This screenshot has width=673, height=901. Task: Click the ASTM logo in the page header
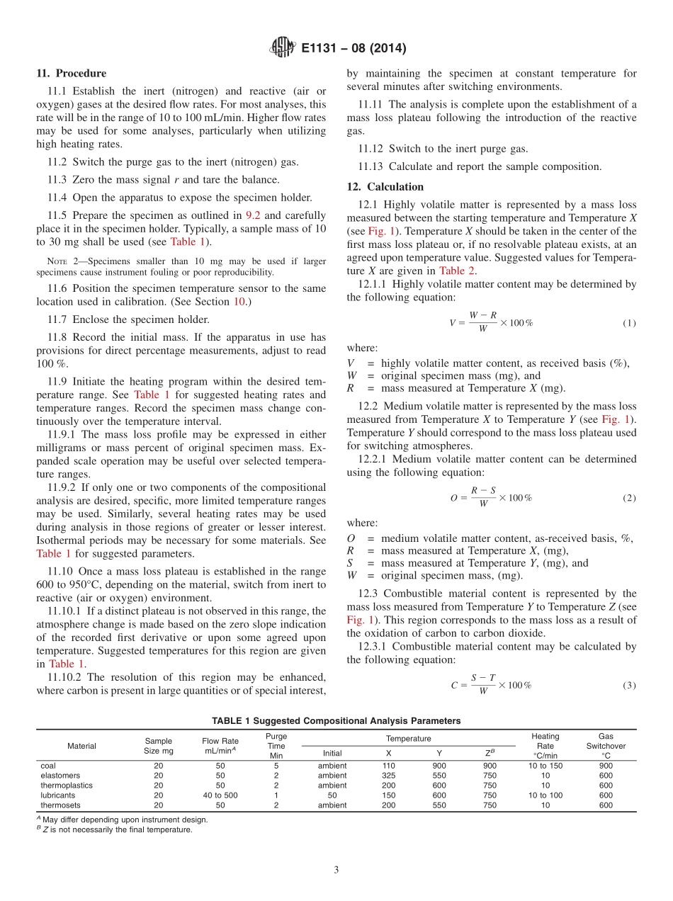tap(283, 48)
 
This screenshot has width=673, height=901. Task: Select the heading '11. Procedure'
tap(71, 73)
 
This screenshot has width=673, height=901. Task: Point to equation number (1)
tap(629, 323)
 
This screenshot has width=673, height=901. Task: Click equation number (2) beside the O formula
tap(629, 498)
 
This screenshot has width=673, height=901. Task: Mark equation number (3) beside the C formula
tap(629, 685)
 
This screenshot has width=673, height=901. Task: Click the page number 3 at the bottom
tap(336, 870)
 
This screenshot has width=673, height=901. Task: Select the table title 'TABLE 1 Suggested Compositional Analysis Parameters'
tap(336, 721)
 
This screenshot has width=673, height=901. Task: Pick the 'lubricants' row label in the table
tap(57, 795)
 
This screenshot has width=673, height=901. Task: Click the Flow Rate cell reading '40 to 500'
tap(220, 795)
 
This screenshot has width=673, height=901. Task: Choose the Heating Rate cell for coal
tap(545, 765)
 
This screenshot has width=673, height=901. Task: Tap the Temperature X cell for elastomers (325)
tap(388, 775)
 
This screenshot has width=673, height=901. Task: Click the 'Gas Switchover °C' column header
tap(606, 746)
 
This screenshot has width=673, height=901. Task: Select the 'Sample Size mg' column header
tap(158, 746)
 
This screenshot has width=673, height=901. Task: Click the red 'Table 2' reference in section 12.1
tap(452, 271)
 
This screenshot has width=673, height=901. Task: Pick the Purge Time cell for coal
tap(276, 765)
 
